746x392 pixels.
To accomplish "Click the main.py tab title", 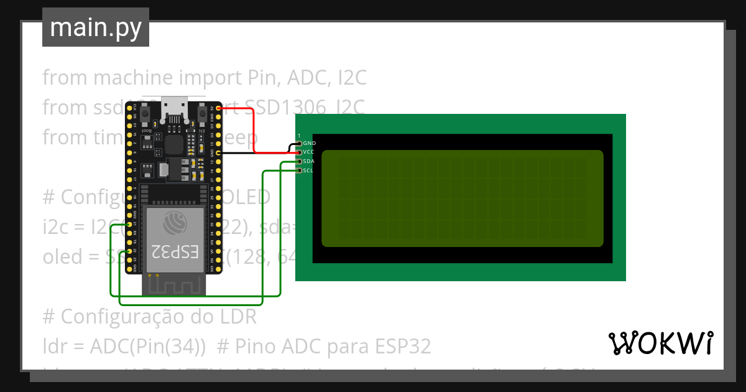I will pyautogui.click(x=96, y=28).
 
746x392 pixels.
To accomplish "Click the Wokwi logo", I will pyautogui.click(x=660, y=343).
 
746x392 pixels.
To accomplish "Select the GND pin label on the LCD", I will pyautogui.click(x=310, y=143).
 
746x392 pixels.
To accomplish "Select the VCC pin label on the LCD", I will pyautogui.click(x=310, y=152).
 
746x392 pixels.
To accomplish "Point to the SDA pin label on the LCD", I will pyautogui.click(x=310, y=161).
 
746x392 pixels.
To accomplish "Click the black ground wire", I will pyautogui.click(x=255, y=152).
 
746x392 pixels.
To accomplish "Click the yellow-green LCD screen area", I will pyautogui.click(x=462, y=198).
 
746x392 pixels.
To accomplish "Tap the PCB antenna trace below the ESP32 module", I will pyautogui.click(x=174, y=285).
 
